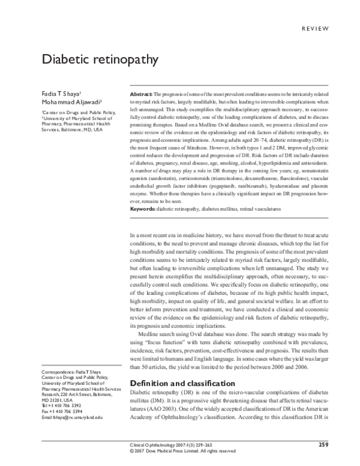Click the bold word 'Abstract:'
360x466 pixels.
141,95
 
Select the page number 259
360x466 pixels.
323,444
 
